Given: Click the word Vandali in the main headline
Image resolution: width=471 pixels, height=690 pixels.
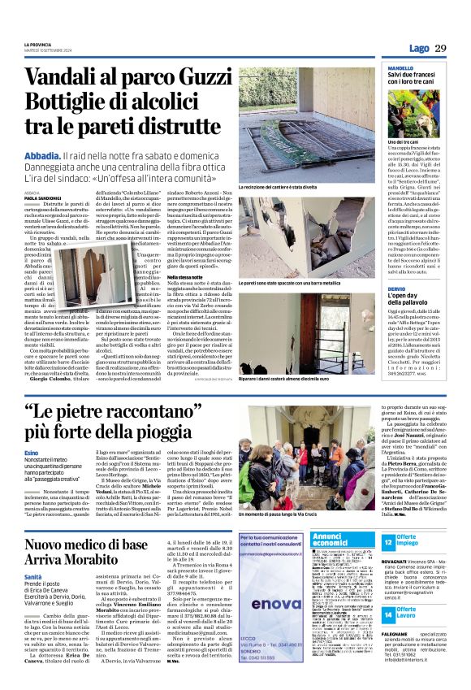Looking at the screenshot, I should pyautogui.click(x=63, y=79).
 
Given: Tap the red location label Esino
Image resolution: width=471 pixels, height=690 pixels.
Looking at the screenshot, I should pyautogui.click(x=32, y=452).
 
